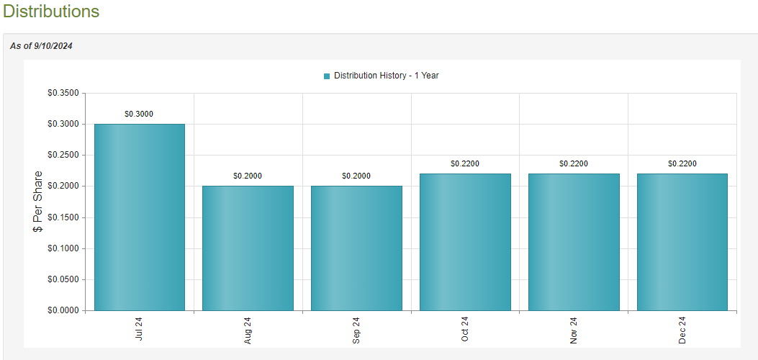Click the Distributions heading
[51, 12]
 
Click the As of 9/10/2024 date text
[41, 46]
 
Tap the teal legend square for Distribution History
[327, 76]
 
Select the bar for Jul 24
[139, 217]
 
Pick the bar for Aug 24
[248, 248]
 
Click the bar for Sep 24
[356, 248]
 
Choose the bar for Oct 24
[465, 242]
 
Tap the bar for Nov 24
[574, 242]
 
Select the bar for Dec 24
[682, 242]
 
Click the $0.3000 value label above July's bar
[139, 114]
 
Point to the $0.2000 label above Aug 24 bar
[248, 176]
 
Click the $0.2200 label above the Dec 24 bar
[682, 163]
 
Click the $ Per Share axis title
[38, 201]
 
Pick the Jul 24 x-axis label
[139, 330]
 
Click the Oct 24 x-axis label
[465, 330]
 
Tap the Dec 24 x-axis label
[682, 330]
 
